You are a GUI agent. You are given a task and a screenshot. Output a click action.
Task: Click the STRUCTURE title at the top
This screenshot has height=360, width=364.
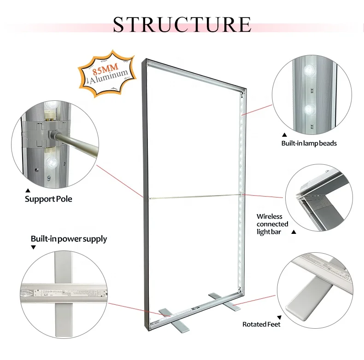(182, 24)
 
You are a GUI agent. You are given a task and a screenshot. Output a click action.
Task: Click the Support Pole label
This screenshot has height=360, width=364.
(48, 199)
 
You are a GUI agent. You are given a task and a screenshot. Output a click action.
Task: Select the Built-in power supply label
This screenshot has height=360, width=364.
(69, 238)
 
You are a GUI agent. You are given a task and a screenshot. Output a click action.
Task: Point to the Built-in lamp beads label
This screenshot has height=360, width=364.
(309, 143)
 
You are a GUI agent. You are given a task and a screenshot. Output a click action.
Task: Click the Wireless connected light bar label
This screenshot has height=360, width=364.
(270, 224)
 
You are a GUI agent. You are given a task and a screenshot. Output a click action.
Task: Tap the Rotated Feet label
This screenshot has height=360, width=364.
(261, 324)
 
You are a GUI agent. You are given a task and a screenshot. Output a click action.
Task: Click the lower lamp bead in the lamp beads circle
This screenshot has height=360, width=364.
(308, 110)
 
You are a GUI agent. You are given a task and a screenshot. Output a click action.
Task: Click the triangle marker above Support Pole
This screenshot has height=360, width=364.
(27, 190)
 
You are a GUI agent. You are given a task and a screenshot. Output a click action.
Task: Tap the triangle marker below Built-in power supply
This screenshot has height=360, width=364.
(33, 248)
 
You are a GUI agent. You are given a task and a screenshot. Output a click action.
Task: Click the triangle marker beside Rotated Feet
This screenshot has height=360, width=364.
(279, 317)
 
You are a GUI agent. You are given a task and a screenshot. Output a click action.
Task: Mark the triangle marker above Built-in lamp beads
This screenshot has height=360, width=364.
(284, 134)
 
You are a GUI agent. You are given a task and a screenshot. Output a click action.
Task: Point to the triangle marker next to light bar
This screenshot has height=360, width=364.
(294, 232)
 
